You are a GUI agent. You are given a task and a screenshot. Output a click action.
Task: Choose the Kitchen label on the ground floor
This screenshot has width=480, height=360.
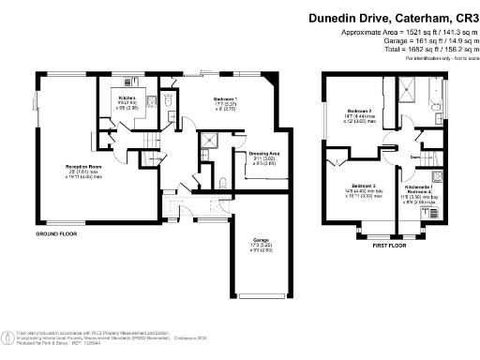click(127, 98)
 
